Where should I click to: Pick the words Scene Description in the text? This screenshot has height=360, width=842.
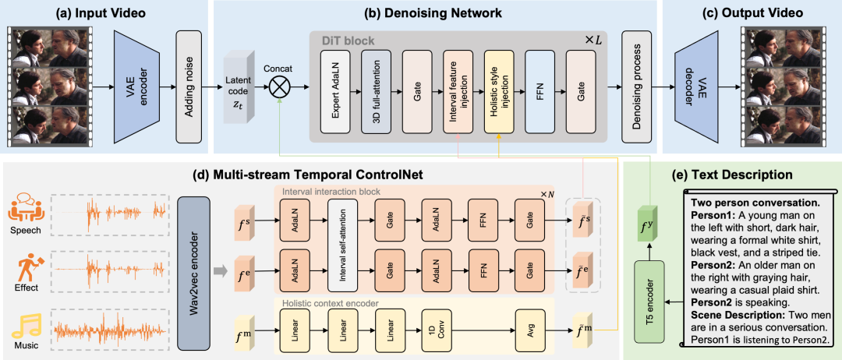tap(727, 314)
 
